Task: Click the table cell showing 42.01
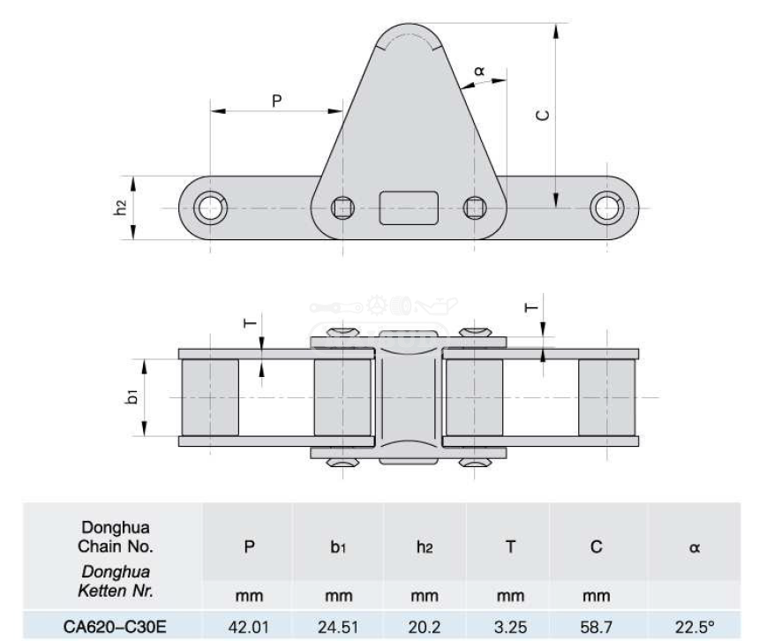248,627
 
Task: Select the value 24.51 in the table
338,627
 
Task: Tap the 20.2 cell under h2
424,627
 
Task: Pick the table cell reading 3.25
510,627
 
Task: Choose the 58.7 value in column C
597,627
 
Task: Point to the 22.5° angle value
695,627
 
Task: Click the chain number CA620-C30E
115,627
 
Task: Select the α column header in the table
695,547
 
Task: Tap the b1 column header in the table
338,547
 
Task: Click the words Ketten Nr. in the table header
116,591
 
